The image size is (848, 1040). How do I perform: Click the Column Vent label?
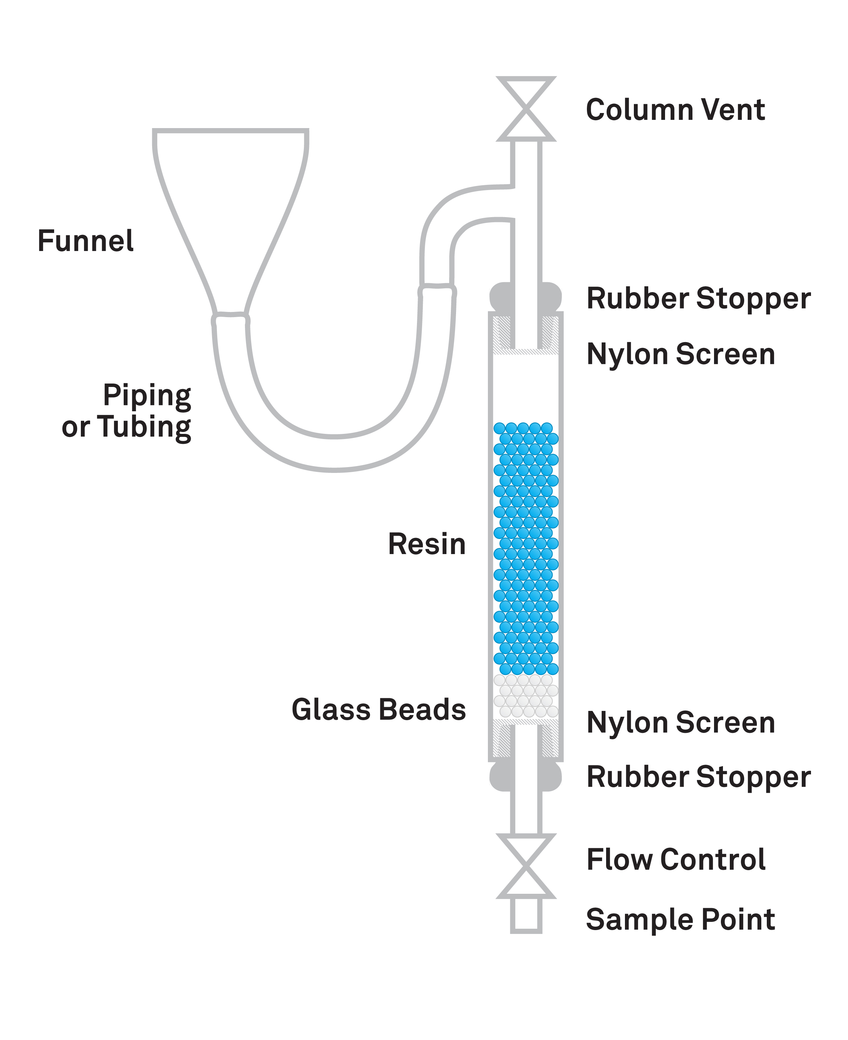pyautogui.click(x=675, y=110)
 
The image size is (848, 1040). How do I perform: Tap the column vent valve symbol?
pyautogui.click(x=526, y=109)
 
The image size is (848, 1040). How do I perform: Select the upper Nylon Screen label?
pyautogui.click(x=680, y=354)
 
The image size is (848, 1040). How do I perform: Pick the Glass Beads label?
pyautogui.click(x=379, y=710)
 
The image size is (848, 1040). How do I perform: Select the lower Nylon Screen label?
pyautogui.click(x=680, y=723)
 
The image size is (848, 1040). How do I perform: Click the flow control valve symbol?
pyautogui.click(x=526, y=866)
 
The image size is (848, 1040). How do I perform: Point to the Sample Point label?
pyautogui.click(x=680, y=920)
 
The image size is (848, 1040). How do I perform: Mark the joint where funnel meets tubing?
pyautogui.click(x=231, y=320)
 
